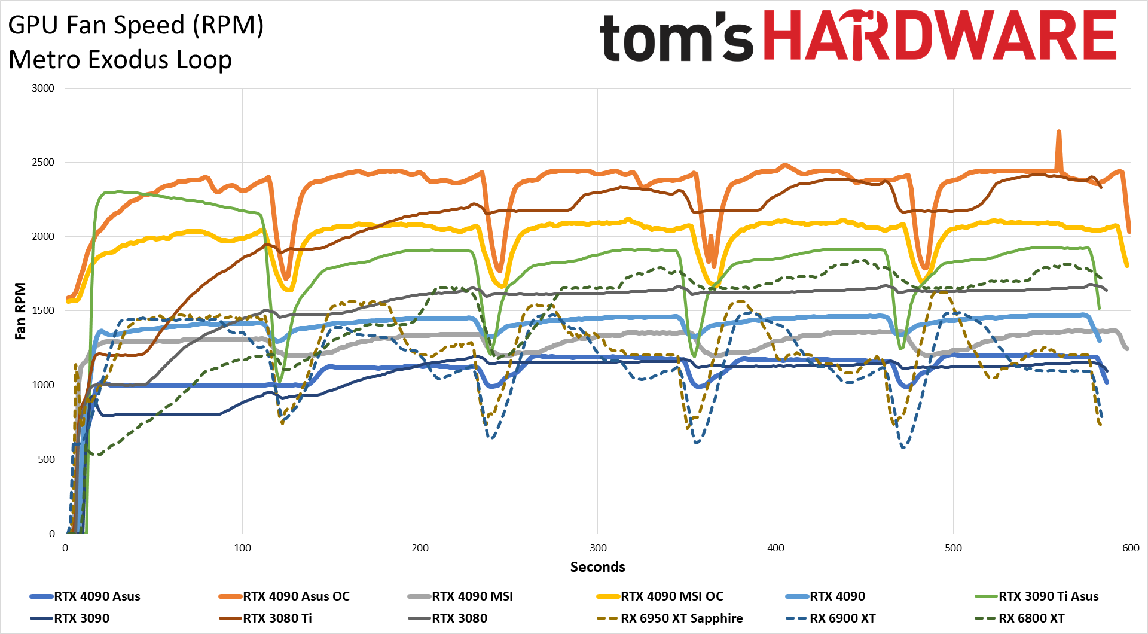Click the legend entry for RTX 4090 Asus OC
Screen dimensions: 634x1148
pos(296,596)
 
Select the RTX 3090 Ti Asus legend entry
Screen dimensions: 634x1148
pos(1048,596)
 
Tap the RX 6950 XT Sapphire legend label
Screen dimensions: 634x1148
pos(682,618)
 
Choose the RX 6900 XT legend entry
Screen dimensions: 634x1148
pos(842,618)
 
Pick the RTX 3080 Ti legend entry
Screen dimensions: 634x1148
pos(277,618)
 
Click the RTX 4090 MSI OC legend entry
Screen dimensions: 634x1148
pos(671,596)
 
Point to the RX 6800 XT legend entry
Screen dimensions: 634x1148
pos(1031,618)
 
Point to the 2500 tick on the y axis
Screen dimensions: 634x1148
pos(43,162)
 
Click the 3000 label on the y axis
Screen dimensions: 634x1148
pos(43,88)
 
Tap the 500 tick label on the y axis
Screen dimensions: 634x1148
pos(46,459)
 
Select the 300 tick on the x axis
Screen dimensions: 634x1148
pos(598,548)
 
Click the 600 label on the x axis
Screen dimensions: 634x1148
pos(1131,548)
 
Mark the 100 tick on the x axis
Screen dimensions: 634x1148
pos(243,548)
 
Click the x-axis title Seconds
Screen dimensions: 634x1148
pos(597,567)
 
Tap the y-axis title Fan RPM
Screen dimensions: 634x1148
pos(20,311)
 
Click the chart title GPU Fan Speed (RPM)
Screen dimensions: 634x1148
pos(136,25)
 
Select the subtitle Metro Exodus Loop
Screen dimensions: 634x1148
pos(120,60)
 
